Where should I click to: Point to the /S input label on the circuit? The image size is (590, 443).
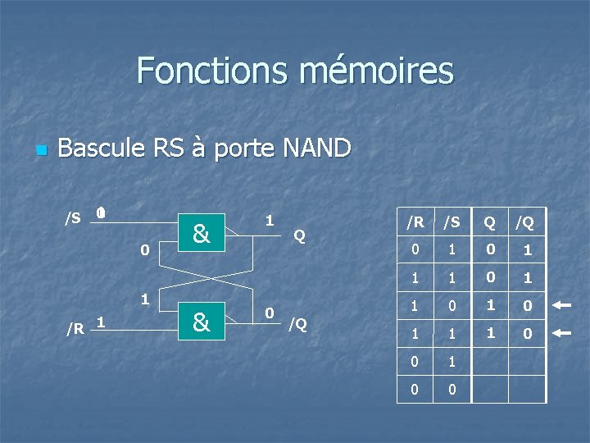coord(73,217)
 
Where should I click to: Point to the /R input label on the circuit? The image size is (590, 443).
coord(75,328)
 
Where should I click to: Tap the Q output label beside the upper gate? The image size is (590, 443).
coord(300,235)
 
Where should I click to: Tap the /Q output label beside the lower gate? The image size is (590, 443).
coord(297,323)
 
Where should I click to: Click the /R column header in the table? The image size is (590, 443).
coord(415,222)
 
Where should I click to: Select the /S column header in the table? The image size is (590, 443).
coord(452,222)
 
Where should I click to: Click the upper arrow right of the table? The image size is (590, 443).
coord(562,305)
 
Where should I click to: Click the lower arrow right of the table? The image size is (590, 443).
coord(562,333)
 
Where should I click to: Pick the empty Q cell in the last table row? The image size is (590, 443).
coord(489,389)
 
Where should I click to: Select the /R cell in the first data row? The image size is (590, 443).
coord(415,249)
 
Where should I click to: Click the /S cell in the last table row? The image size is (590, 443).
coord(452,389)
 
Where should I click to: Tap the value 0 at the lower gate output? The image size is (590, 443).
coord(269,313)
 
